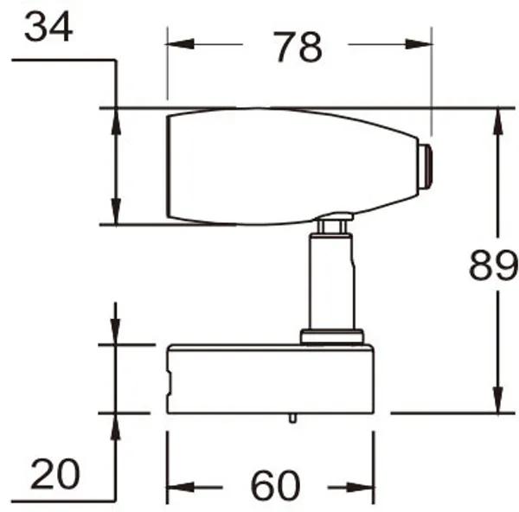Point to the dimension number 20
click(54, 474)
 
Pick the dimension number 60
click(275, 487)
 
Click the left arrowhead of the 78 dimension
click(176, 45)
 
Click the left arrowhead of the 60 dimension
click(176, 487)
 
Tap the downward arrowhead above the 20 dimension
click(114, 333)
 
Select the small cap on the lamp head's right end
click(424, 166)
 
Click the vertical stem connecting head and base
click(331, 281)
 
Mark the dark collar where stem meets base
click(330, 336)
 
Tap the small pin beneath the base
click(293, 419)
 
